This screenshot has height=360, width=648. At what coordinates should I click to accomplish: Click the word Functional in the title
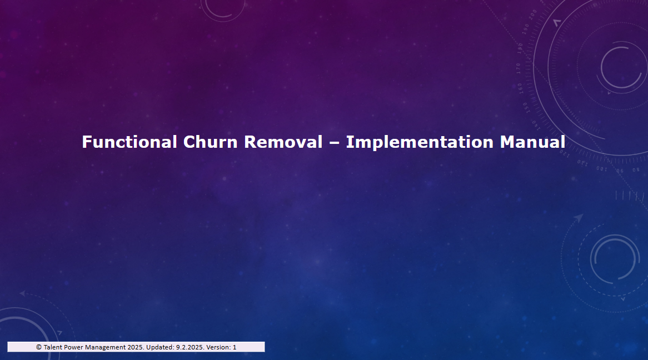click(x=129, y=142)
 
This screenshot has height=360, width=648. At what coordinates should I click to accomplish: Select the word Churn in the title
click(x=211, y=142)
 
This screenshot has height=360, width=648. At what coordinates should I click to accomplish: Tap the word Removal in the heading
click(x=283, y=142)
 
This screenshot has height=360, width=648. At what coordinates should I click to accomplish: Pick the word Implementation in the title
click(x=420, y=142)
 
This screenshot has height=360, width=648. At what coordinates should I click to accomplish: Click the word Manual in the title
click(x=532, y=142)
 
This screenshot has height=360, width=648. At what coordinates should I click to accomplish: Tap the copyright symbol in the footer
click(x=39, y=347)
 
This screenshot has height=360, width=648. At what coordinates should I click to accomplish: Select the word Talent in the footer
click(x=53, y=347)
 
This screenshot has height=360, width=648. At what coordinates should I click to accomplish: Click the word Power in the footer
click(x=73, y=347)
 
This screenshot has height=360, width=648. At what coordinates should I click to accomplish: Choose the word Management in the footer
click(x=106, y=347)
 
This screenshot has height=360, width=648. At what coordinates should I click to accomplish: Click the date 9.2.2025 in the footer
click(x=190, y=347)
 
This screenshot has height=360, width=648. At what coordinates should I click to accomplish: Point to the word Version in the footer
click(x=218, y=347)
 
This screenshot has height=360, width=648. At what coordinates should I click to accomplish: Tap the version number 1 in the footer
click(x=235, y=347)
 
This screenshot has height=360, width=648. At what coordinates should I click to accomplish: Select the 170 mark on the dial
click(x=519, y=68)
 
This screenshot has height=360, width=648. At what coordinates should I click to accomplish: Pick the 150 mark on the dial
click(x=525, y=108)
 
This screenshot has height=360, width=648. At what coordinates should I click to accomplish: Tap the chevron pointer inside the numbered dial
click(x=557, y=22)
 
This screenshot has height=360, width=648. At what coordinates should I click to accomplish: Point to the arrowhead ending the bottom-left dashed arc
click(x=22, y=293)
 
